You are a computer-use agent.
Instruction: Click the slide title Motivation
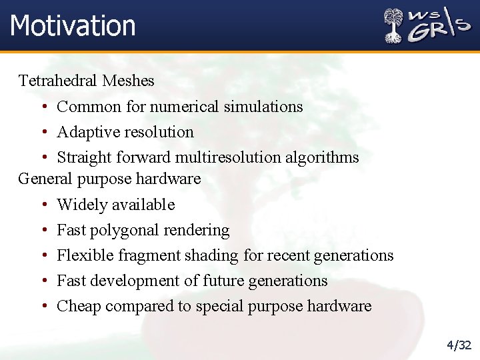(x=73, y=25)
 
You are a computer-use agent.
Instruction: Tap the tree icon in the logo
(x=394, y=26)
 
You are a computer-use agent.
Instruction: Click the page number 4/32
(x=459, y=345)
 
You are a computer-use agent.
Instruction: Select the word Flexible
(x=83, y=255)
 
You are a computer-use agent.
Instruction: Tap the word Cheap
(x=79, y=306)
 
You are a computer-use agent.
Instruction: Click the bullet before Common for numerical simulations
(x=43, y=107)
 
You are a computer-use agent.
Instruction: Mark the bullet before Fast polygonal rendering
(x=43, y=231)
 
